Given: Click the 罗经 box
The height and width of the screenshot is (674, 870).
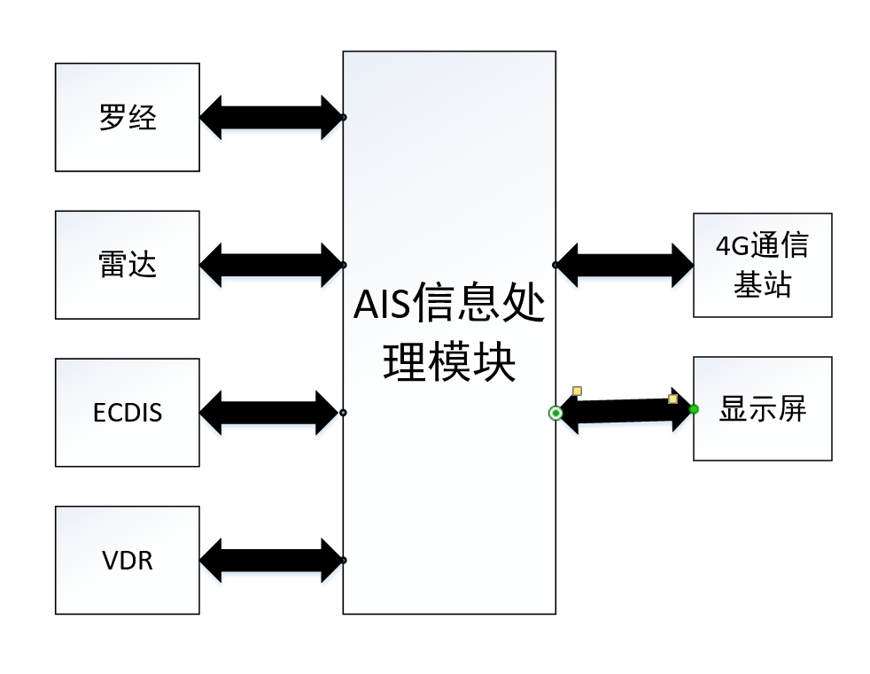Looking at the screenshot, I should click(127, 117).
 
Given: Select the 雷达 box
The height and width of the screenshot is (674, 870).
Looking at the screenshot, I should click(127, 265).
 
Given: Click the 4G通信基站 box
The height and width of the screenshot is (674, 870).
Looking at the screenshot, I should click(762, 265).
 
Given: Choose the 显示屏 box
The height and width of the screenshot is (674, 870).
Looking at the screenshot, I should click(762, 408).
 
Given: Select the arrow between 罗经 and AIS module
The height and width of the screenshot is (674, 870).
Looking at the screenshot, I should click(271, 117).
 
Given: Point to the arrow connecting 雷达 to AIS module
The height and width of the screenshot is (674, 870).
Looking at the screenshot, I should click(271, 265).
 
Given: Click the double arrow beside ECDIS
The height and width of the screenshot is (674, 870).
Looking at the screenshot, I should click(271, 412).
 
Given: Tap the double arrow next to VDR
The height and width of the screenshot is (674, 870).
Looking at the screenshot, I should click(271, 560).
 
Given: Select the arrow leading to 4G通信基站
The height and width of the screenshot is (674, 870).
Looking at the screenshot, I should click(624, 265).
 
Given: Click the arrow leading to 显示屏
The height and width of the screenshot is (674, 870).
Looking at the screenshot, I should click(624, 412).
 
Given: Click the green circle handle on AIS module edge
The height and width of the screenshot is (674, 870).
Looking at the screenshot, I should click(555, 413).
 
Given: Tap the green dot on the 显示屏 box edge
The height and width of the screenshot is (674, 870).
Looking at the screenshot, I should click(694, 408).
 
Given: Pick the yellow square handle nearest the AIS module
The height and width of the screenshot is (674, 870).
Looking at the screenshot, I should click(577, 391).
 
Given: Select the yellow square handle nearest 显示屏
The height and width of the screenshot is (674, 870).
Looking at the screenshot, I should click(672, 399).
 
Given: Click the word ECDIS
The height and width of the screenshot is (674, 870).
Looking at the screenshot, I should click(127, 413).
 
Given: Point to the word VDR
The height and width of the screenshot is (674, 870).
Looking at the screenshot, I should click(127, 561).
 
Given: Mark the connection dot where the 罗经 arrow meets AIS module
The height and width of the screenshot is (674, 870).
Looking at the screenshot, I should click(343, 117).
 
